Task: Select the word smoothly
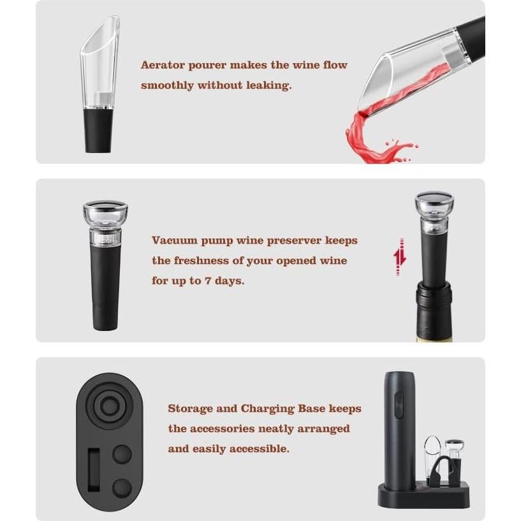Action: [166, 85]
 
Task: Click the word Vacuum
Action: [173, 240]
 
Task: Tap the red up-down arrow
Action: [400, 256]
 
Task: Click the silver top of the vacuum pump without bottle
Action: [105, 211]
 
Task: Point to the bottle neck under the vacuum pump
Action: [434, 306]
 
